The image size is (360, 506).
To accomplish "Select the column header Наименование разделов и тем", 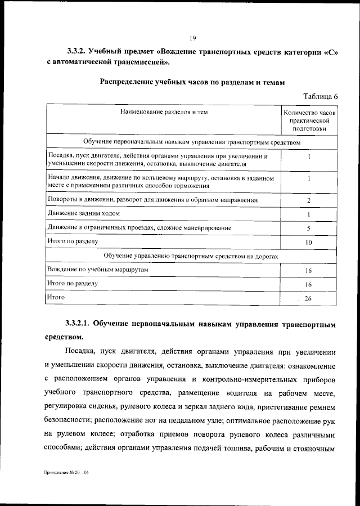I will pos(164,112).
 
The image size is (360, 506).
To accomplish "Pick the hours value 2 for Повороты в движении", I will pos(309,200).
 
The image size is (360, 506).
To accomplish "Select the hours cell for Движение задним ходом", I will pos(309,214).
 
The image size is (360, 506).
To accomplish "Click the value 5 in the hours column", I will pos(309,229).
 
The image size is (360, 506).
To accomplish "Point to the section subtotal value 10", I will pos(309,243).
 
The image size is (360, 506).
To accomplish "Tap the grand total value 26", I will pos(308,298).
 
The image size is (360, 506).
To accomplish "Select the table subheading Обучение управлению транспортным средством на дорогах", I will pos(191,256).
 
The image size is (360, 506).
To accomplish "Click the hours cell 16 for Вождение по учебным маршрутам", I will pos(308,271).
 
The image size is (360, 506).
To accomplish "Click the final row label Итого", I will pos(56,297).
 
